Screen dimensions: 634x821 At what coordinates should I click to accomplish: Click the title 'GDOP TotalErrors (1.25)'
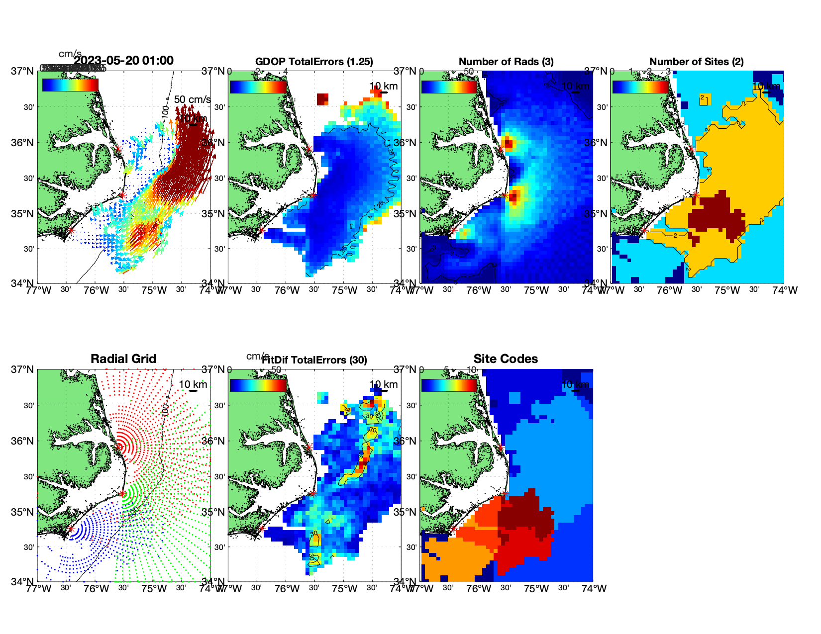(314, 62)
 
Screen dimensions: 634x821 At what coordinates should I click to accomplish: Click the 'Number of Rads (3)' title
(506, 62)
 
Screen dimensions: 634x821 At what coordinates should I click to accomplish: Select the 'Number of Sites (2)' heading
(697, 62)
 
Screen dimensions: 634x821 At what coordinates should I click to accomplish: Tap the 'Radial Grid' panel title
(123, 359)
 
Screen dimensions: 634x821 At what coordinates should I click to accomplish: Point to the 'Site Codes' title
(506, 359)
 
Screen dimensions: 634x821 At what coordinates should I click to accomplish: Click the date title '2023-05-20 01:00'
(124, 61)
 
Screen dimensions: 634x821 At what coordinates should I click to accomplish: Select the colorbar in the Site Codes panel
(449, 385)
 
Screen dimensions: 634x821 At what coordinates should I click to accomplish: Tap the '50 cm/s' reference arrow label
(193, 100)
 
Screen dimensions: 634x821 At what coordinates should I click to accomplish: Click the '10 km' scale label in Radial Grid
(193, 384)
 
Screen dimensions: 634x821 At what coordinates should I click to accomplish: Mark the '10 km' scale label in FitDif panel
(383, 384)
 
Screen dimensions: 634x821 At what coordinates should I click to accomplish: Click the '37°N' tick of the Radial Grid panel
(23, 369)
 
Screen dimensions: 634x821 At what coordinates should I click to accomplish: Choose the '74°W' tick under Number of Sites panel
(785, 290)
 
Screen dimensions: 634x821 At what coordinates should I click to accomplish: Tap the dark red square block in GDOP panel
(323, 98)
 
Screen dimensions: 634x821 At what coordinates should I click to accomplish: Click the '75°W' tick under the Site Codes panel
(536, 589)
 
